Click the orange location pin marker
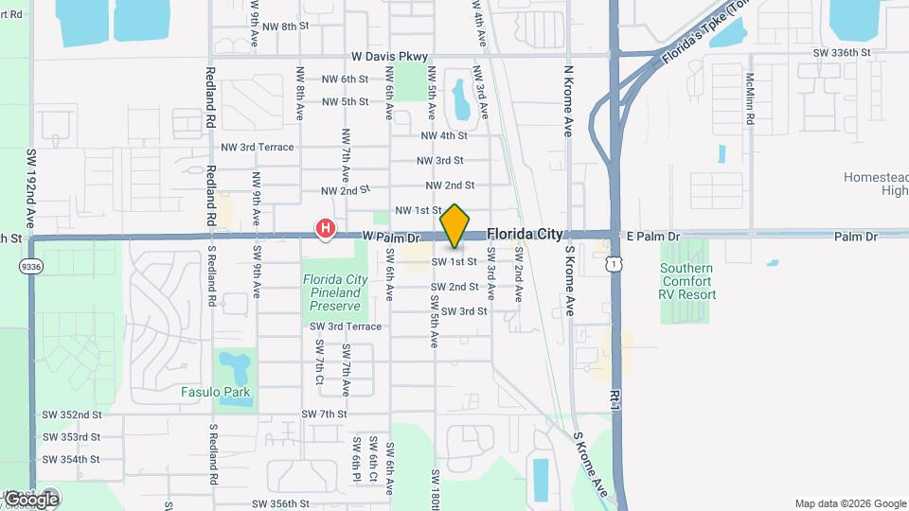click(455, 226)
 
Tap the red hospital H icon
click(325, 228)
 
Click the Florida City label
click(525, 233)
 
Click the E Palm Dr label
click(652, 236)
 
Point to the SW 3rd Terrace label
click(346, 326)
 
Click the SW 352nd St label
click(71, 414)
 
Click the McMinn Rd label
click(749, 100)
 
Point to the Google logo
click(31, 499)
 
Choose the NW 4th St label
click(448, 136)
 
